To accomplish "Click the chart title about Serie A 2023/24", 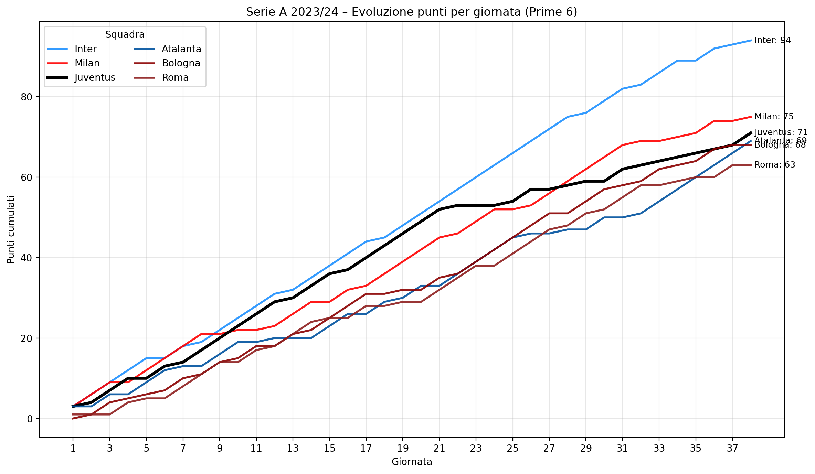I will tap(411, 12).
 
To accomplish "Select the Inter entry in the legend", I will tap(85, 49).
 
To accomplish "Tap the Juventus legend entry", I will tap(95, 78).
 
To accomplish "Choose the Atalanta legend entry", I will tap(181, 49).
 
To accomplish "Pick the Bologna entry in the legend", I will tap(181, 63).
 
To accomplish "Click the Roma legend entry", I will tap(175, 78).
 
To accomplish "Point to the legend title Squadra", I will tap(125, 35).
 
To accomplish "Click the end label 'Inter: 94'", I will tap(772, 40).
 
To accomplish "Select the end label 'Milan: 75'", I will tap(774, 117).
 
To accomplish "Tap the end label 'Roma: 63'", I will tap(774, 165).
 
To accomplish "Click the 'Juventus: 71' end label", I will tap(781, 132).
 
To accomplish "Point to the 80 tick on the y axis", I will tap(27, 97).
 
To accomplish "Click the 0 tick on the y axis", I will tap(30, 419).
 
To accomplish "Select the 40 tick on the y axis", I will tap(27, 258).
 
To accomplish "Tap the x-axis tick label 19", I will tap(402, 449).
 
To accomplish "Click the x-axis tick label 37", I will tap(732, 449).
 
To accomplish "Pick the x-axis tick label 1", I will tap(73, 449).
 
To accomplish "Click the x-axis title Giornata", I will tap(412, 462).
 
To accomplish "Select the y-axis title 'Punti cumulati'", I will tap(11, 229).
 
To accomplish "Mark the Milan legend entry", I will tap(87, 63).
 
